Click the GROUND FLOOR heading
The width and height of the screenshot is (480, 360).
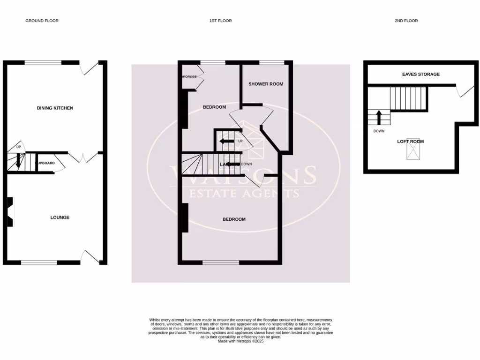click(x=42, y=21)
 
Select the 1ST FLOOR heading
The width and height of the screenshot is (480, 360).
click(x=220, y=21)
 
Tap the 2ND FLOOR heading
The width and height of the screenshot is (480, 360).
click(x=406, y=21)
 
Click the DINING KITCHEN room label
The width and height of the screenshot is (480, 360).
click(x=55, y=108)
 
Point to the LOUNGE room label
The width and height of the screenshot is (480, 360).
click(x=60, y=217)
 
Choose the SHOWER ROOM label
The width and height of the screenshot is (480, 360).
click(x=266, y=84)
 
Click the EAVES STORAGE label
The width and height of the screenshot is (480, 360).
click(x=421, y=74)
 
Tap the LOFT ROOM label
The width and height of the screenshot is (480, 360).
click(x=410, y=141)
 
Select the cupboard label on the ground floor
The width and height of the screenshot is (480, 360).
click(x=45, y=163)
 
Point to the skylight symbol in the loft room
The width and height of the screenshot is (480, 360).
click(x=412, y=151)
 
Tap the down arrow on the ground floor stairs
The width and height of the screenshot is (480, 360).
click(x=18, y=161)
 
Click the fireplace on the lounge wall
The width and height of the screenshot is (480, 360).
click(x=10, y=212)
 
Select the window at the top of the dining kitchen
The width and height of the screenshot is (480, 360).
click(x=43, y=62)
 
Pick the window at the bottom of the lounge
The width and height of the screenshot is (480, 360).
click(x=39, y=262)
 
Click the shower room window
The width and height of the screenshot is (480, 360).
click(x=272, y=62)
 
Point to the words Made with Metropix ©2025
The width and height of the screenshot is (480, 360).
click(x=241, y=341)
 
